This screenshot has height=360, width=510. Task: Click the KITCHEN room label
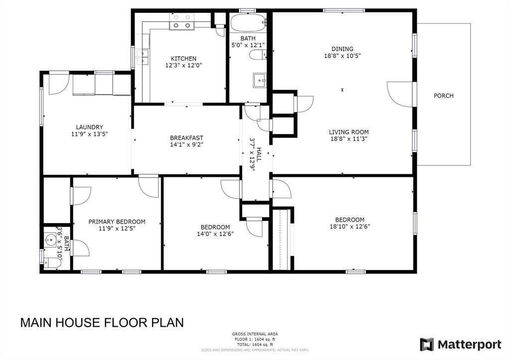click(183, 59)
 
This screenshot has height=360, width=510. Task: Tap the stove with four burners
click(181, 22)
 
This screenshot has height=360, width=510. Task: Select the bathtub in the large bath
click(249, 22)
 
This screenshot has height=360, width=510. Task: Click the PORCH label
click(443, 96)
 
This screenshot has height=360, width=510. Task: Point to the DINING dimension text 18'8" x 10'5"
click(342, 56)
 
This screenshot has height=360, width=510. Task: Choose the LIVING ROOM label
click(349, 132)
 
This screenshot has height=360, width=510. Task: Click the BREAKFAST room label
click(187, 138)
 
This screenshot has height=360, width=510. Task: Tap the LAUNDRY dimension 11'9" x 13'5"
click(90, 133)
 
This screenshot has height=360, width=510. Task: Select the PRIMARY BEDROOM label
click(117, 222)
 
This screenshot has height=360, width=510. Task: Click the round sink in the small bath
click(50, 240)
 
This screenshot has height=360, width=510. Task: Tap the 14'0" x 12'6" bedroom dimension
click(215, 234)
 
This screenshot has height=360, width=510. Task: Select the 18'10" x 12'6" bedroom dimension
click(350, 227)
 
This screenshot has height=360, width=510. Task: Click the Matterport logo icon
click(426, 345)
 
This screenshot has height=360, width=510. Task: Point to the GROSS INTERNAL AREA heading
click(255, 334)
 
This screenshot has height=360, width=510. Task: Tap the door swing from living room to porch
click(400, 94)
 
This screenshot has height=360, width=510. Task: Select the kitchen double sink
click(142, 57)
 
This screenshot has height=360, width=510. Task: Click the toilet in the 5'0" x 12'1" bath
click(258, 55)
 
